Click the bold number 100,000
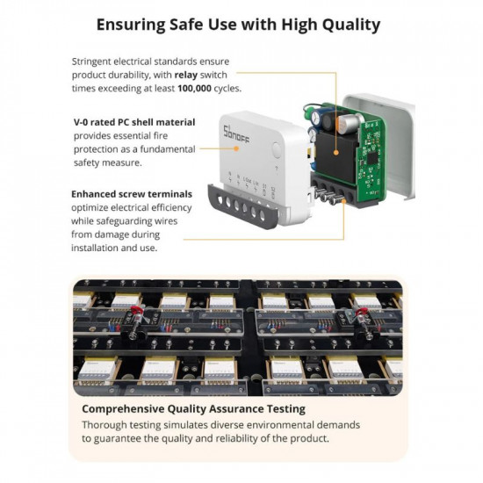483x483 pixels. (x=194, y=89)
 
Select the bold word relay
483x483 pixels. (x=186, y=75)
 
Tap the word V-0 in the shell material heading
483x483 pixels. (x=81, y=122)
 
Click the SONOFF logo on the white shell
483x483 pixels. (x=236, y=134)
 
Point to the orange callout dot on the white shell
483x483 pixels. (x=236, y=148)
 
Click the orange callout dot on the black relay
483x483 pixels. (x=336, y=152)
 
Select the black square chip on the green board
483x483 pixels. (x=371, y=158)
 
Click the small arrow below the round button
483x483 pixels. (x=277, y=169)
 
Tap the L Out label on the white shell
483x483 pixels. (x=247, y=179)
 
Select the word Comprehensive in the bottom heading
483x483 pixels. (x=123, y=409)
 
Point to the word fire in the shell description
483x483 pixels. (x=162, y=136)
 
